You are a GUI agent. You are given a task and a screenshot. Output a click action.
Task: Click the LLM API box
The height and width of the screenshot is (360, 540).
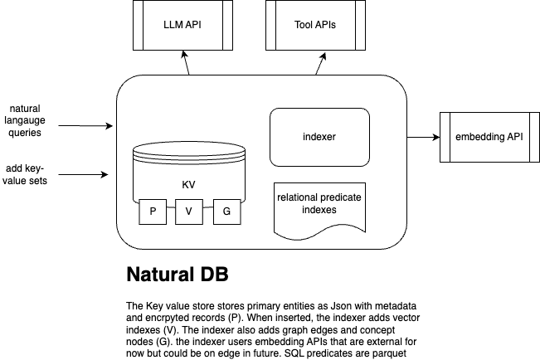[182, 24]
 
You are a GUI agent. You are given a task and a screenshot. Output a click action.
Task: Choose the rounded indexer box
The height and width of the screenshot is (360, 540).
[319, 137]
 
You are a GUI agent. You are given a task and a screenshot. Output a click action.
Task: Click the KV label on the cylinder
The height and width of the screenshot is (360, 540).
[188, 184]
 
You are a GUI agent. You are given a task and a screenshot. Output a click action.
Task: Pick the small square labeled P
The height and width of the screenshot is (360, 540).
[152, 212]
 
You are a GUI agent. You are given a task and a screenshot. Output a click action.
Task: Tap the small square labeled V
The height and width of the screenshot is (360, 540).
[188, 212]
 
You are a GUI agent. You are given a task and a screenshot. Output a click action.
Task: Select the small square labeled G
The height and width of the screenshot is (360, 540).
[226, 212]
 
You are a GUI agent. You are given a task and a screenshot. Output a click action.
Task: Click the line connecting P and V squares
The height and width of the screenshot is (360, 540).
[170, 212]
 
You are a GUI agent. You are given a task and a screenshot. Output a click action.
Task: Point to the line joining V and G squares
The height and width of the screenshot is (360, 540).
[207, 212]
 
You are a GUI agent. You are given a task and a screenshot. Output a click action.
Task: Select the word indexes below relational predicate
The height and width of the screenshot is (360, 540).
[319, 211]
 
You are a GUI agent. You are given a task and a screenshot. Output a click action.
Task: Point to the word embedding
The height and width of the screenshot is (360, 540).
[475, 137]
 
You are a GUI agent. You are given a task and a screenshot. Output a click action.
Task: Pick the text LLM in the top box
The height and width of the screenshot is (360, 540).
[173, 24]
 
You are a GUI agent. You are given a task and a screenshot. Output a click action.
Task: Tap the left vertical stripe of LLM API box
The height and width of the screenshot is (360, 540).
[138, 24]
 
